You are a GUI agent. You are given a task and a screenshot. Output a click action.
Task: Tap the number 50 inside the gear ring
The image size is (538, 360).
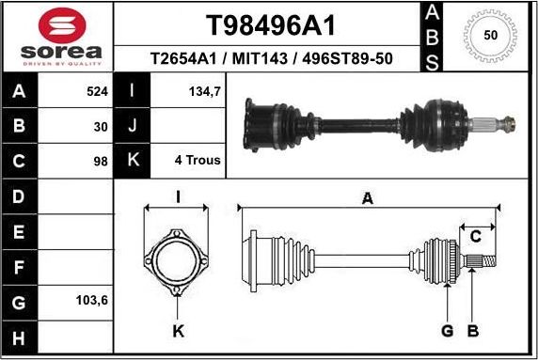pyautogui.click(x=489, y=35)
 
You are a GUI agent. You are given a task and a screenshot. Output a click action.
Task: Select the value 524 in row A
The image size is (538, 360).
pyautogui.click(x=98, y=92)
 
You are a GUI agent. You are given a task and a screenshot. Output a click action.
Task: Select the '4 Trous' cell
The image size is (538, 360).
pyautogui.click(x=198, y=160)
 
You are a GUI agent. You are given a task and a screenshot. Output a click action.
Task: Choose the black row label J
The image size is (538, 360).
pyautogui.click(x=132, y=126)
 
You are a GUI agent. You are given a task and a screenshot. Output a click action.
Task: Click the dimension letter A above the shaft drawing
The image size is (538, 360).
pyautogui.click(x=367, y=198)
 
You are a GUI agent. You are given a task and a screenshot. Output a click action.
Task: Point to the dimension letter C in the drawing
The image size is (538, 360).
pyautogui.click(x=476, y=235)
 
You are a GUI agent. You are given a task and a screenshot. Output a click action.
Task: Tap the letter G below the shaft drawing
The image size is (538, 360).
pyautogui.click(x=447, y=330)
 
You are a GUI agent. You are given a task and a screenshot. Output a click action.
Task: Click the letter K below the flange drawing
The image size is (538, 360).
pyautogui.click(x=178, y=330)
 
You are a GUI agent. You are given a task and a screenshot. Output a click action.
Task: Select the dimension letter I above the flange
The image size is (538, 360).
pyautogui.click(x=178, y=197)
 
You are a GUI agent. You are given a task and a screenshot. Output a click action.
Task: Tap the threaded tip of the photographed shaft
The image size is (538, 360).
pyautogui.click(x=509, y=121)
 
